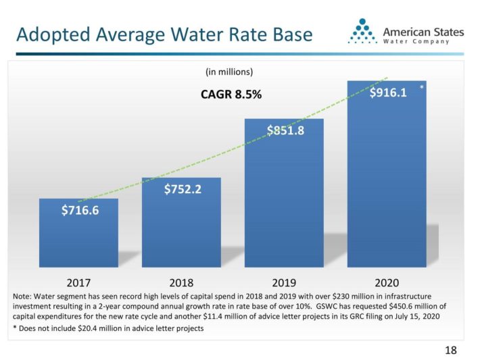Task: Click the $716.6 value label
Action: [x=78, y=210]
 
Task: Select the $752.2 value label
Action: [x=183, y=189]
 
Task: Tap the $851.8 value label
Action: [x=285, y=130]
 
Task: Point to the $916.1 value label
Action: [x=388, y=93]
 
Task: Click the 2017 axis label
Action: [x=78, y=282]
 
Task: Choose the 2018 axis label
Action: [x=183, y=282]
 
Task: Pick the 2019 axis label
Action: [x=285, y=282]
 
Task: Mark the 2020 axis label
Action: [x=388, y=282]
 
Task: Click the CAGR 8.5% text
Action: [x=231, y=95]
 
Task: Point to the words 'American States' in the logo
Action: [x=423, y=30]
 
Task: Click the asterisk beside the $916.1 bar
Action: [x=421, y=88]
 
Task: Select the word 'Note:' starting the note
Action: [x=24, y=297]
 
